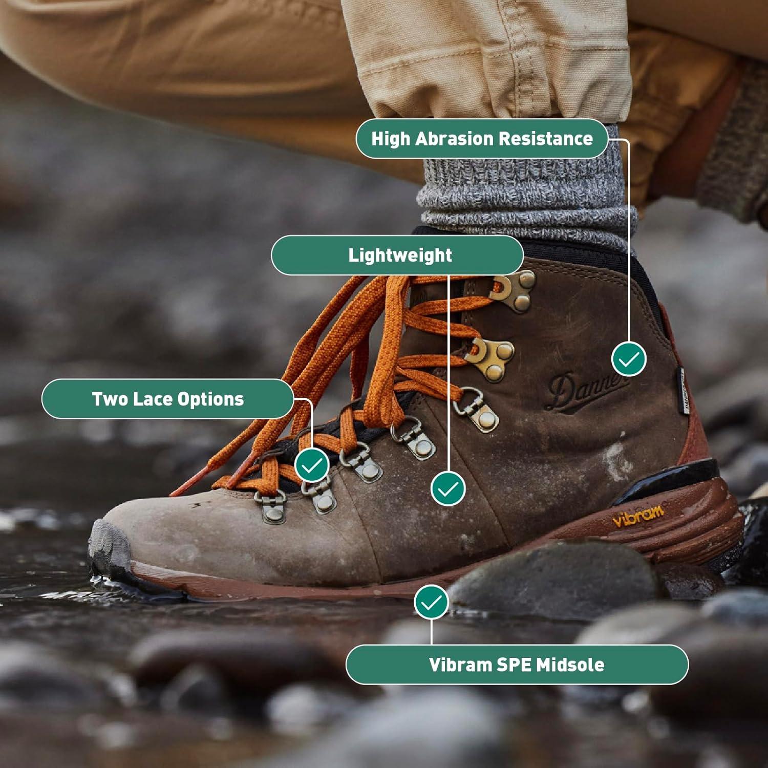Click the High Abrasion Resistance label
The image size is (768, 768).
click(x=482, y=139)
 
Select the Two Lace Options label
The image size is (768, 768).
click(x=167, y=399)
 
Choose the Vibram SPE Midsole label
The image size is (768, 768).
click(x=517, y=665)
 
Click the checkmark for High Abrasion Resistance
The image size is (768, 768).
click(x=629, y=359)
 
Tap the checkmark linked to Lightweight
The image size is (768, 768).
click(x=448, y=488)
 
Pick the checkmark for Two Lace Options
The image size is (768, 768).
click(x=312, y=465)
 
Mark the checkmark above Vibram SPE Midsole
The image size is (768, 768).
click(x=431, y=602)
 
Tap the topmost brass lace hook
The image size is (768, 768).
click(x=515, y=289)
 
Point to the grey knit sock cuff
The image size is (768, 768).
click(x=527, y=200)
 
